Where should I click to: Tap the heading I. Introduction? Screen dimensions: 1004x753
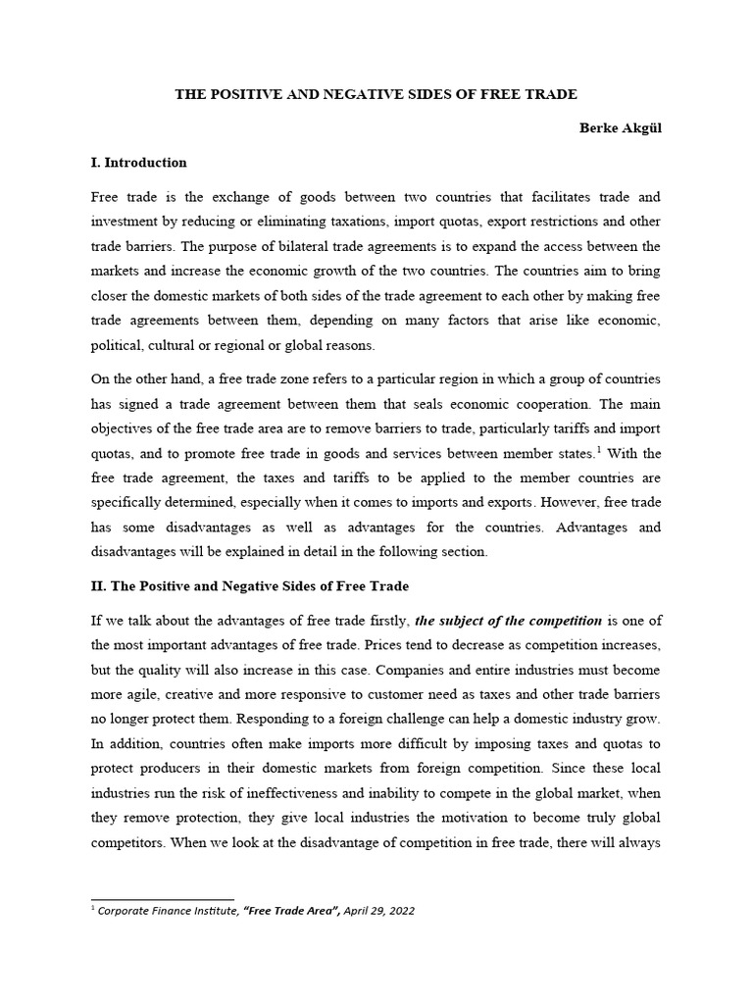pyautogui.click(x=138, y=163)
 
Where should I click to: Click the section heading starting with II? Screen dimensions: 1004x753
pyautogui.click(x=249, y=586)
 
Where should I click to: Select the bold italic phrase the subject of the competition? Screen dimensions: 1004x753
pyautogui.click(x=509, y=621)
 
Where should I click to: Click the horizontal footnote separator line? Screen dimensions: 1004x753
pyautogui.click(x=163, y=898)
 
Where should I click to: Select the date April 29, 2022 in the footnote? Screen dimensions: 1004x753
pyautogui.click(x=377, y=911)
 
